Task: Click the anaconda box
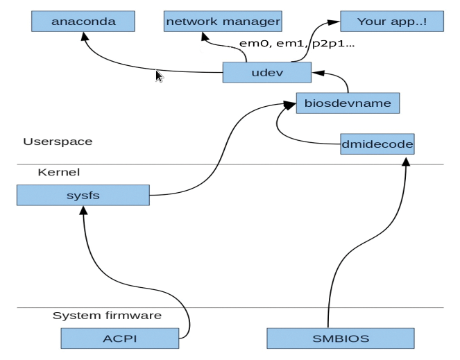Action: [83, 21]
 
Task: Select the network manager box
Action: [223, 21]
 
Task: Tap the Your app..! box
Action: [392, 21]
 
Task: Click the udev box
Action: [267, 72]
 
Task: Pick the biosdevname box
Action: [348, 103]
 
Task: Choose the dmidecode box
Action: [377, 144]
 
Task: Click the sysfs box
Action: [83, 195]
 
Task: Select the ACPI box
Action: [120, 338]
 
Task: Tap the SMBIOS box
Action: [341, 338]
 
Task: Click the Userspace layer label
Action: [58, 142]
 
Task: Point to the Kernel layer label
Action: [59, 172]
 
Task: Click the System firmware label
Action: [107, 316]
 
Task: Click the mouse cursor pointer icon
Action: [160, 76]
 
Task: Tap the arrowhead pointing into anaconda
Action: [85, 36]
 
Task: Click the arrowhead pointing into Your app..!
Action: [334, 23]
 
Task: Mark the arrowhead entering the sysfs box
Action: [84, 210]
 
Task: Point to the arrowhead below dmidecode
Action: [406, 162]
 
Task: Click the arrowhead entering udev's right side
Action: [318, 73]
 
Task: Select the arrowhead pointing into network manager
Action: [205, 36]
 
